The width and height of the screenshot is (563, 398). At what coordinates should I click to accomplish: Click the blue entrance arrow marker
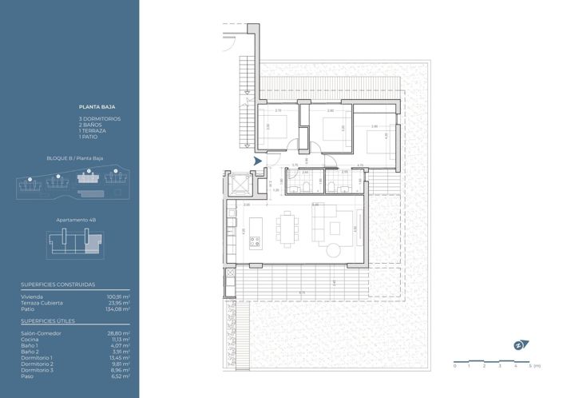(x=257, y=161)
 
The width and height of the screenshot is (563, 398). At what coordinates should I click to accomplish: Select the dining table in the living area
(x=287, y=225)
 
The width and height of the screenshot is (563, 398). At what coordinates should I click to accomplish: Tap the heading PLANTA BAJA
(x=94, y=105)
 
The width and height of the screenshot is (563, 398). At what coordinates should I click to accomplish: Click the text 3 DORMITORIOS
(x=99, y=118)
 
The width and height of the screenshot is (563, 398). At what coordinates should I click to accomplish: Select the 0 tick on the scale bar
(x=454, y=366)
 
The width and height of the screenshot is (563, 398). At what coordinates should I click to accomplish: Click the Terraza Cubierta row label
(x=42, y=303)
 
